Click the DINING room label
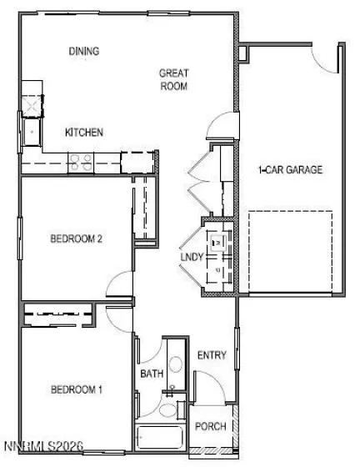[84, 52]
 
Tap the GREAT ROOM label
[173, 79]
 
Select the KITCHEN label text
[84, 133]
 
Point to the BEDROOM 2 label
[76, 239]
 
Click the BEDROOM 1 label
[76, 389]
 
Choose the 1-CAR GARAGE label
[289, 170]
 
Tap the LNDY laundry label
[192, 257]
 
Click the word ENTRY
[212, 356]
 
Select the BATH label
[151, 374]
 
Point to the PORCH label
[210, 426]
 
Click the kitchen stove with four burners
[82, 162]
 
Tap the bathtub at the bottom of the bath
[161, 438]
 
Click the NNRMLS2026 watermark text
[42, 449]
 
